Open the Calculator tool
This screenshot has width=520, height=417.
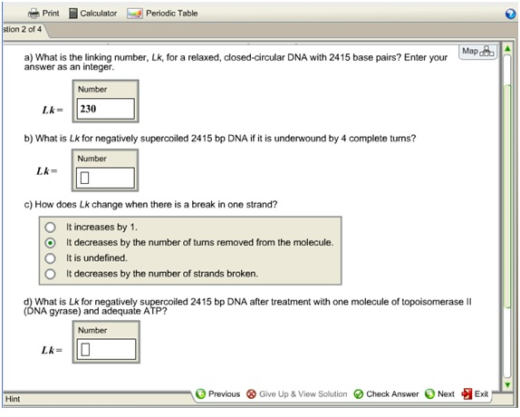click(x=93, y=14)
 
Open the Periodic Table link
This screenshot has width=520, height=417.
click(x=162, y=14)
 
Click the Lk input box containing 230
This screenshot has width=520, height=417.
click(x=106, y=110)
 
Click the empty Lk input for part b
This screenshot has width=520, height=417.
click(x=106, y=178)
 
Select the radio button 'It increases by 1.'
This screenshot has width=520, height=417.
click(x=51, y=227)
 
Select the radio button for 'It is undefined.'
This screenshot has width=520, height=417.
click(x=51, y=257)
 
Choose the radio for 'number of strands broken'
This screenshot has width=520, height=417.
click(x=51, y=273)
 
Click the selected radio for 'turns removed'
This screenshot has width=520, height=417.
click(x=51, y=242)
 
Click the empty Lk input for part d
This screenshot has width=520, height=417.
click(x=106, y=349)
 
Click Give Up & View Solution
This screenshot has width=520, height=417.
click(x=296, y=394)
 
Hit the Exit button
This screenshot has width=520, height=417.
click(x=476, y=394)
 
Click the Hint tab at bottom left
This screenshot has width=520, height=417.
click(x=14, y=399)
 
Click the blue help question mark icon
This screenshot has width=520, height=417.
click(x=511, y=14)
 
